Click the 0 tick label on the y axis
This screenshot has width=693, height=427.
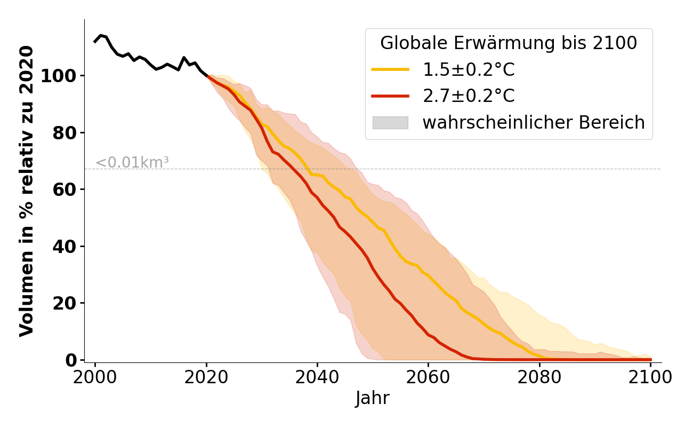71,360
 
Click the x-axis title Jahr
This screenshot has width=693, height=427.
372,398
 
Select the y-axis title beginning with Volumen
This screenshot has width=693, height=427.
27,191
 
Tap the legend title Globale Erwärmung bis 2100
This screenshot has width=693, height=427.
509,43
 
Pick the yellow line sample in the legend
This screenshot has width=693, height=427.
390,69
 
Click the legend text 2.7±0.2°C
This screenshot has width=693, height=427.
469,96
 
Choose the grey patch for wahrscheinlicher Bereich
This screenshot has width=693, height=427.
390,123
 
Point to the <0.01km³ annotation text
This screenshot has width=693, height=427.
132,163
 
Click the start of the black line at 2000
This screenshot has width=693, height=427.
95,41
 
